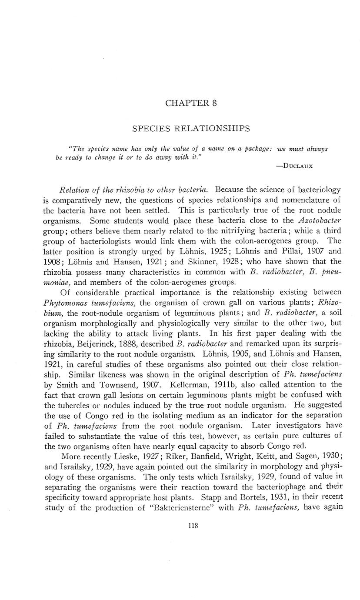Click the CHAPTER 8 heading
[191, 103]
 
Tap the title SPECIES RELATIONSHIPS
[191, 128]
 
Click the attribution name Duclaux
[297, 166]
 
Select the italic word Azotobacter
[319, 220]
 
